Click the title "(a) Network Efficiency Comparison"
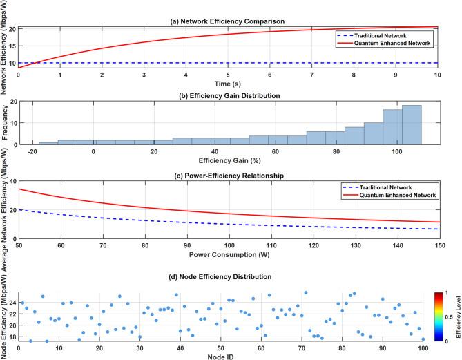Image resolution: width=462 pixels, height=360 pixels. pyautogui.click(x=228, y=22)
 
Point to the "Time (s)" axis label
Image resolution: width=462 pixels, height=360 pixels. pyautogui.click(x=228, y=83)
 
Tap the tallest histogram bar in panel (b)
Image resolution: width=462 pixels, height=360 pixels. pyautogui.click(x=412, y=124)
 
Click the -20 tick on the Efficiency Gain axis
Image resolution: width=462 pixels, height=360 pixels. pyautogui.click(x=32, y=151)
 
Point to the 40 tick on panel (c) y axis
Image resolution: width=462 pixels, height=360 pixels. pyautogui.click(x=12, y=181)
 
